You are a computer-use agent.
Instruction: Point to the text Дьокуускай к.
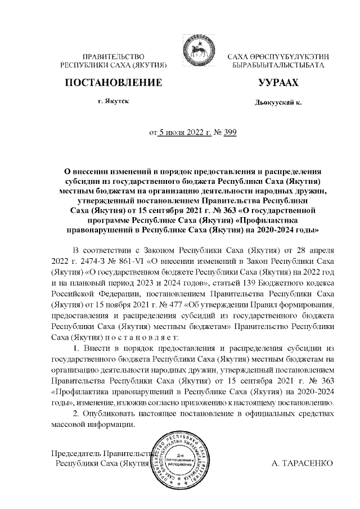pos(278,103)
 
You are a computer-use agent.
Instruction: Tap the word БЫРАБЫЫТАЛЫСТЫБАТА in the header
pos(278,66)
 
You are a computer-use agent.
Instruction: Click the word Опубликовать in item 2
pos(112,413)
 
